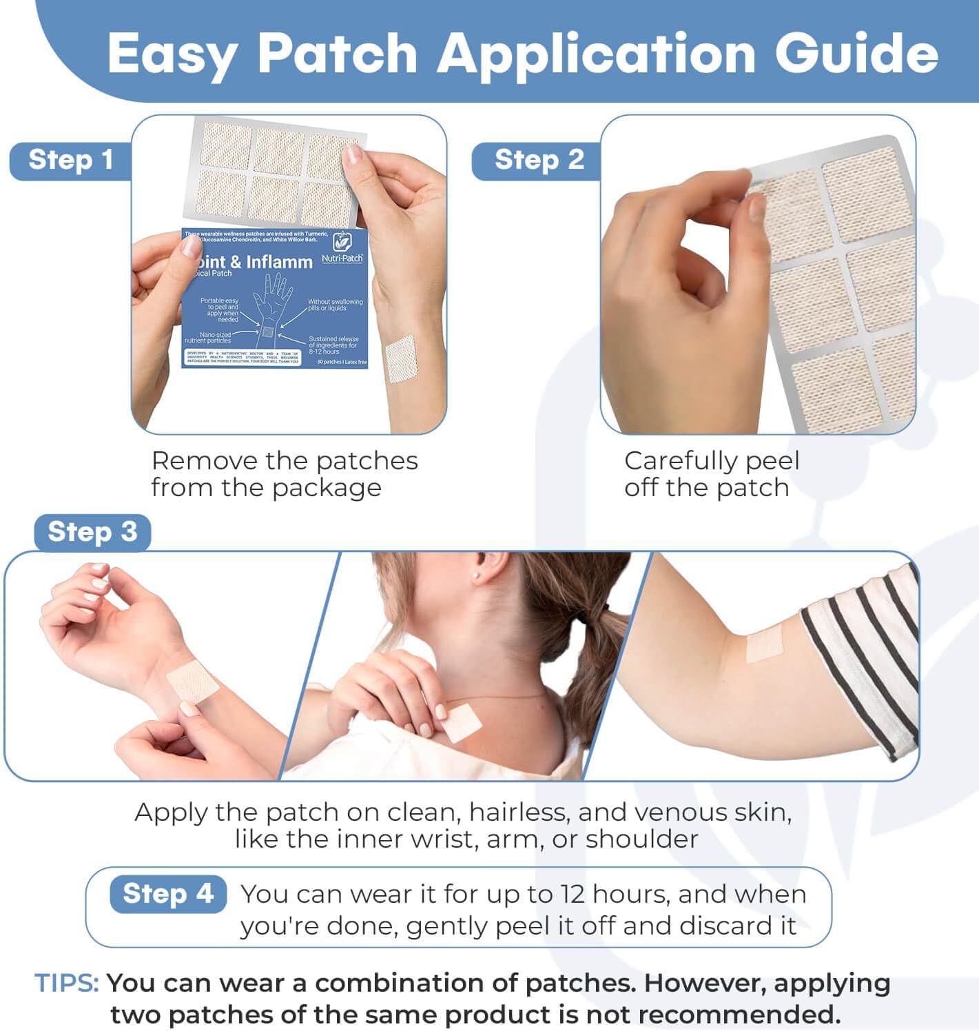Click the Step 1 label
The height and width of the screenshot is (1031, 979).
coord(70,160)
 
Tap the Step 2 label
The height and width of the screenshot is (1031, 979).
coord(539,160)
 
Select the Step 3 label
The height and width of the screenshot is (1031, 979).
coord(92,532)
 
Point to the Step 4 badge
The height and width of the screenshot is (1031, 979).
coord(168,894)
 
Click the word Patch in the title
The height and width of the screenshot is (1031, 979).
coord(338,54)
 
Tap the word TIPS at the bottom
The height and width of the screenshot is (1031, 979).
coord(67,983)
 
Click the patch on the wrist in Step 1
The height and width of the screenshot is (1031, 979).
coord(400,358)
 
